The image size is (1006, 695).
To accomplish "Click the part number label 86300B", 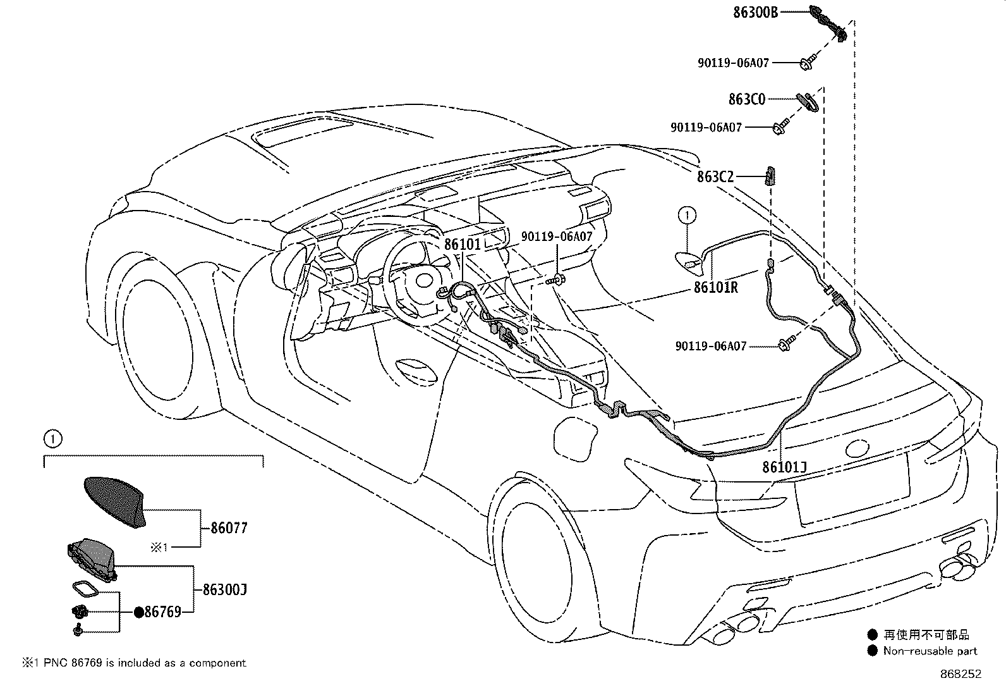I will (x=756, y=11).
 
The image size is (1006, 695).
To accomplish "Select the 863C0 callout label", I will (x=747, y=99).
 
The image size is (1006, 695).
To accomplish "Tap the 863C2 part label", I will (x=715, y=177).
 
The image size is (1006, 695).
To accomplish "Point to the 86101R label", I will (x=715, y=287).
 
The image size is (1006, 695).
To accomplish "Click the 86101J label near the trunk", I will (x=784, y=467).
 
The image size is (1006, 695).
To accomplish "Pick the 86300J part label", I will (x=224, y=590).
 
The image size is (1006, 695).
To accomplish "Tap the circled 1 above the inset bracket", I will (x=52, y=438).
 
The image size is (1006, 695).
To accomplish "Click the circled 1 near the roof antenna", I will (x=687, y=216).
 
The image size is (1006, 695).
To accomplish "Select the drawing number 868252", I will (x=961, y=674).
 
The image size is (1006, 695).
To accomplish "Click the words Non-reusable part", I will (x=930, y=651).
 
